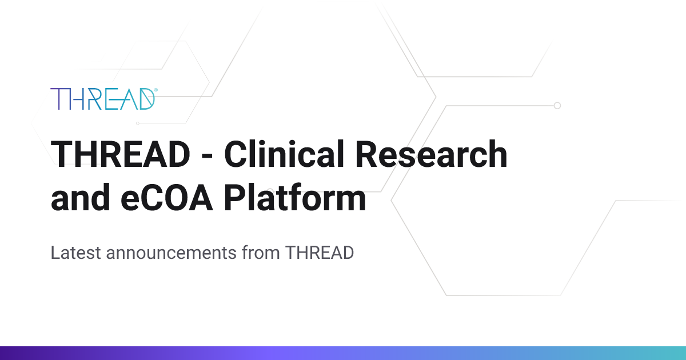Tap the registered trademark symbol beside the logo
[156, 90]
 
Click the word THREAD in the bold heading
[121, 154]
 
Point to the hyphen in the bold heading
[208, 157]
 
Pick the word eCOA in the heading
[166, 198]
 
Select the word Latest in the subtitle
[75, 253]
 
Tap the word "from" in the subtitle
[261, 253]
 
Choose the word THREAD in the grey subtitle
[320, 253]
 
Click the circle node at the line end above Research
[557, 106]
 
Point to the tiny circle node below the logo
[138, 123]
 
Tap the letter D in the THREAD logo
[147, 99]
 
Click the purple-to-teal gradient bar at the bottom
[343, 353]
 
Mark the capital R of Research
[366, 154]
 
